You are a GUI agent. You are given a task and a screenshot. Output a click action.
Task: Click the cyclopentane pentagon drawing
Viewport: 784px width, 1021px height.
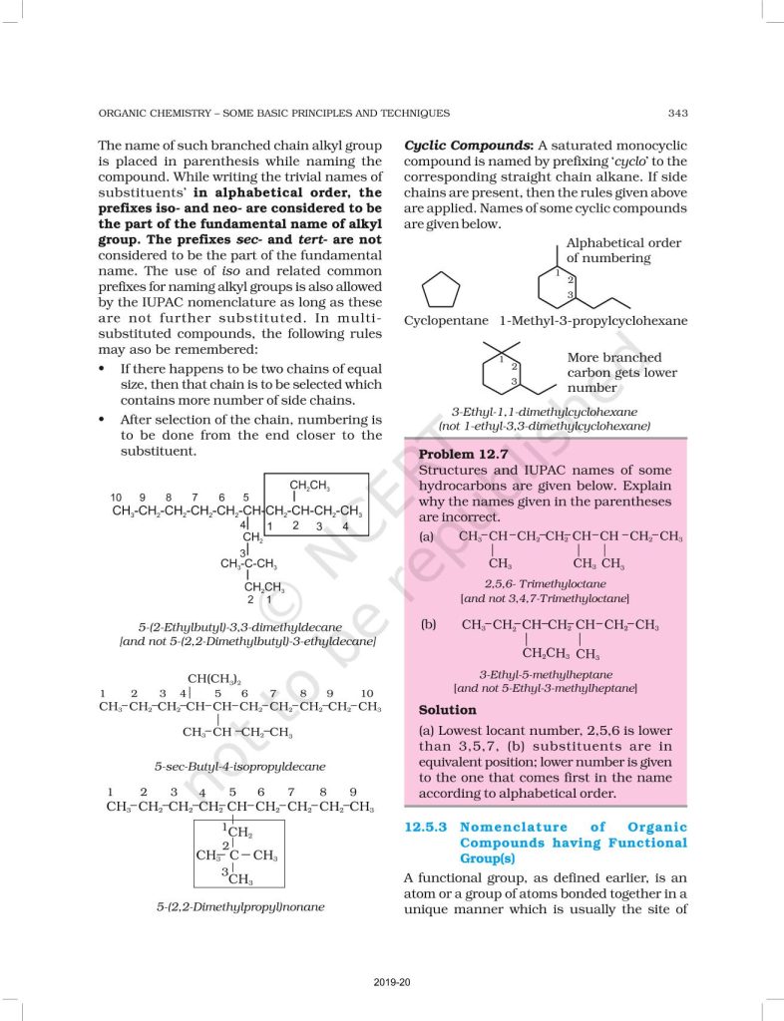442,291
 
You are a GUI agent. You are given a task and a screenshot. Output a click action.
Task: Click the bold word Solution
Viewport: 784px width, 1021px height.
448,710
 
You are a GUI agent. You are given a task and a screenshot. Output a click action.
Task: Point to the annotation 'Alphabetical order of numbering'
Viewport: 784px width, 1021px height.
623,250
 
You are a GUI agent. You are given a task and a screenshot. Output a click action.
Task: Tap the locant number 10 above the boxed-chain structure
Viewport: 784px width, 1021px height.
116,497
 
